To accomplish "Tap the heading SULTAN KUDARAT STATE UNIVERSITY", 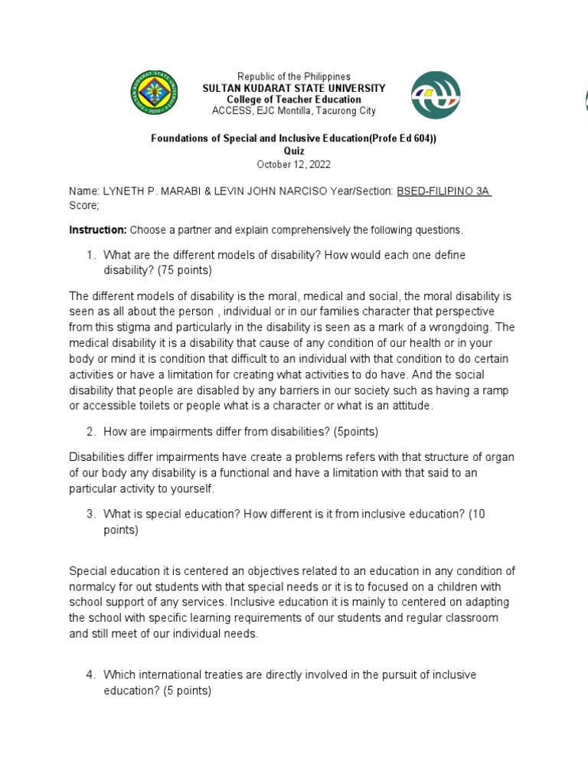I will pos(293,89).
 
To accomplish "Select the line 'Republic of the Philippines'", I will pos(293,77).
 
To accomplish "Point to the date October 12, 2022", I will pos(293,165).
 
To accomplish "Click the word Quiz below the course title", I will pos(293,152).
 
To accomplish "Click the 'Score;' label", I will pos(84,206).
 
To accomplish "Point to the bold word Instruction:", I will pos(97,230).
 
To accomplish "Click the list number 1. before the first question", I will pos(90,254).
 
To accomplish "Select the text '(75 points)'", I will pos(184,269).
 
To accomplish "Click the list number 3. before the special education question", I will pos(90,514).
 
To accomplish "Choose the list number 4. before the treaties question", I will pos(90,675).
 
